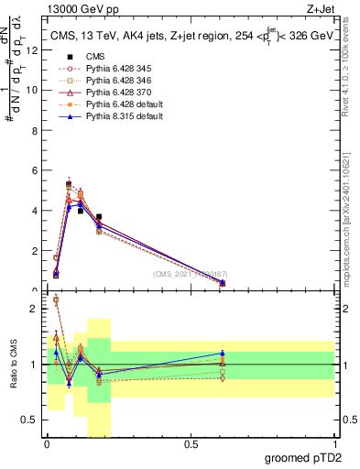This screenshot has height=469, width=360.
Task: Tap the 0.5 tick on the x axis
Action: [x=191, y=444]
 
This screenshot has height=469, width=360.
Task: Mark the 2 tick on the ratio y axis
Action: [x=33, y=309]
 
